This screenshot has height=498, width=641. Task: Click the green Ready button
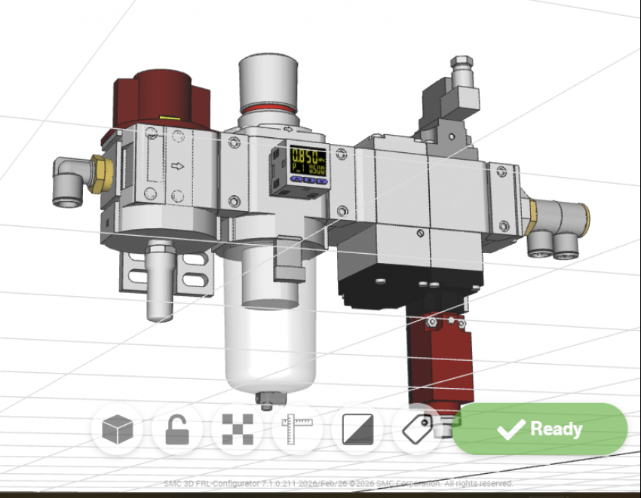click(x=540, y=429)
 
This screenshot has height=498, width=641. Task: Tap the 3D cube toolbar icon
click(x=118, y=430)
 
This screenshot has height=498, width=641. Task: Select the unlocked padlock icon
click(x=177, y=429)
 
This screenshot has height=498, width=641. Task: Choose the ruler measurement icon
click(x=296, y=430)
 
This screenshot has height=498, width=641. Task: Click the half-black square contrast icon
click(x=357, y=429)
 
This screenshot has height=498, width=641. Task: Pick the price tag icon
click(x=416, y=429)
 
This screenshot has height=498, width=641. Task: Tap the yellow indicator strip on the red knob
click(x=170, y=118)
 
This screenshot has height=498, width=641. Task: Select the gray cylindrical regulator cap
click(x=268, y=79)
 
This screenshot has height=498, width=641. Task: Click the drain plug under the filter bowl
click(x=265, y=399)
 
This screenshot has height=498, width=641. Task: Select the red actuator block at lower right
click(x=440, y=354)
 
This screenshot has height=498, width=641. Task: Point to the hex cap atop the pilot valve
click(x=461, y=64)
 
